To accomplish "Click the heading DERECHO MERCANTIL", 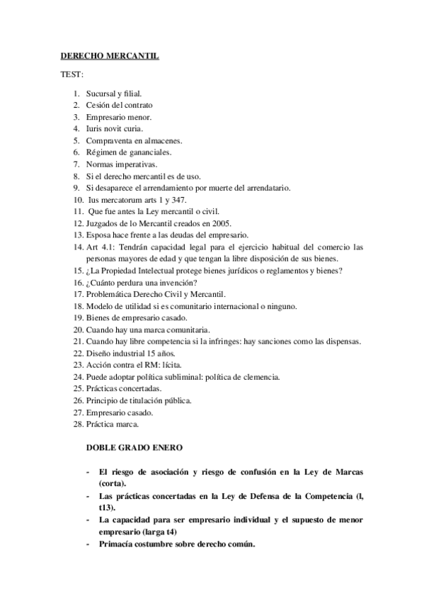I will (108, 56).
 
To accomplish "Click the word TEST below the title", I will (71, 74).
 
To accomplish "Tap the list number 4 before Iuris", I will (76, 128).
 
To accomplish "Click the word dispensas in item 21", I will (341, 342).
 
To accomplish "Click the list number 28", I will (77, 425).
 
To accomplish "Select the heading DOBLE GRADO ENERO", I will (135, 448).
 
